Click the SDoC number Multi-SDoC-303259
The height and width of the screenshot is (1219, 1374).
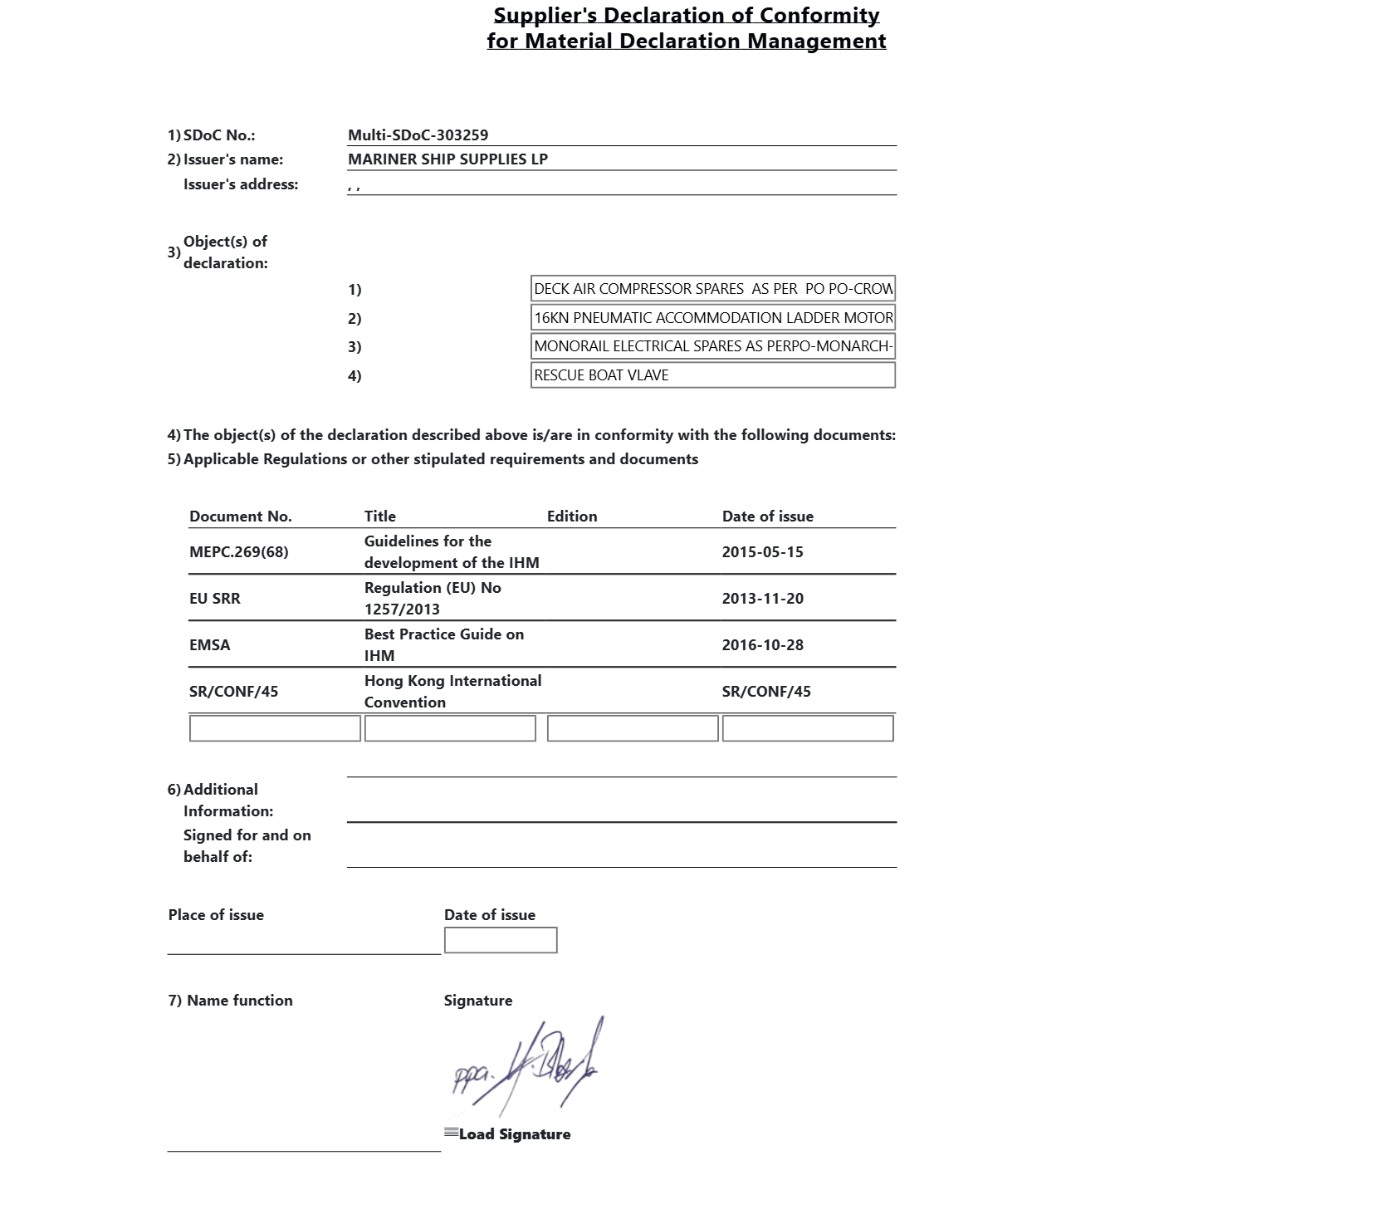point(418,135)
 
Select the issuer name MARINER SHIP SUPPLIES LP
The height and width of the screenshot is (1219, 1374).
point(447,159)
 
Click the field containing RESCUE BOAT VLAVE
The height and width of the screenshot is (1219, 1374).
point(712,375)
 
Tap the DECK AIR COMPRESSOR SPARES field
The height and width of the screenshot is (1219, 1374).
point(712,289)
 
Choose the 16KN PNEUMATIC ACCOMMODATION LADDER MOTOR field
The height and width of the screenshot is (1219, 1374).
point(712,318)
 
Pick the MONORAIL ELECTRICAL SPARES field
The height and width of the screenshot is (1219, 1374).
point(712,346)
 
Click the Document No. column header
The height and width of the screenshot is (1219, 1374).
point(240,516)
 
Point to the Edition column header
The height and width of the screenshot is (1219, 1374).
point(571,516)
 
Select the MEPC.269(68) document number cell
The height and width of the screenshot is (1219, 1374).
point(238,552)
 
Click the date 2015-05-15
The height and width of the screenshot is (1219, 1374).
point(762,552)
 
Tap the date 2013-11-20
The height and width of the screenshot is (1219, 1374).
point(762,599)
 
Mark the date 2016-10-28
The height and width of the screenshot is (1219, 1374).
point(762,645)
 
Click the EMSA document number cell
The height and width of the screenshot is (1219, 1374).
point(209,645)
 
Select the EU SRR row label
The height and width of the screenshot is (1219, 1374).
point(214,599)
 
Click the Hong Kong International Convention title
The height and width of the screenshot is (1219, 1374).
point(452,691)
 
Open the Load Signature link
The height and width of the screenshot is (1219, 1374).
point(513,1134)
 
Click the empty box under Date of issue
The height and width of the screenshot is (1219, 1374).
point(500,940)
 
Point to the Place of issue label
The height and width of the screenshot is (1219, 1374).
point(216,915)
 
